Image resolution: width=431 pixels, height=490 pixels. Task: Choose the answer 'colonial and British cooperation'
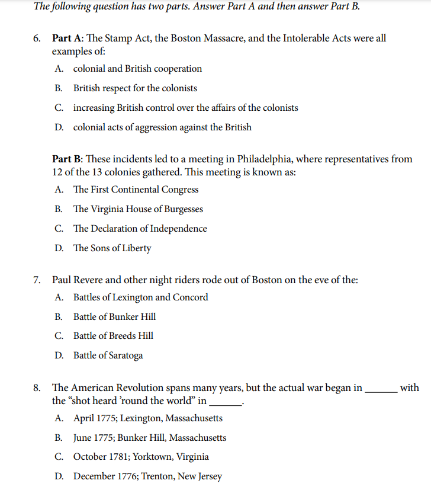(x=137, y=69)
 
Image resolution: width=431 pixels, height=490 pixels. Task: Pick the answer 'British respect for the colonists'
(x=135, y=88)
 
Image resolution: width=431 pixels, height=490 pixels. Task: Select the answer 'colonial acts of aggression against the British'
(x=162, y=127)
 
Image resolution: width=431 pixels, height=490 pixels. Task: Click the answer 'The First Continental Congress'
(x=136, y=190)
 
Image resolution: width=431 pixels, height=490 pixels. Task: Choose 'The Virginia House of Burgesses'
(x=138, y=209)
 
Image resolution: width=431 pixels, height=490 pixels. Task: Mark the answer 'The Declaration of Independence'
(x=140, y=229)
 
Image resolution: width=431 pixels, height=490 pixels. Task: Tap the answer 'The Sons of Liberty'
(x=112, y=248)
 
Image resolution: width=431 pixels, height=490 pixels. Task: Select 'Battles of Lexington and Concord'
(x=140, y=297)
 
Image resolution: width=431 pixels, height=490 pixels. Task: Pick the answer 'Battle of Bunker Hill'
(x=114, y=317)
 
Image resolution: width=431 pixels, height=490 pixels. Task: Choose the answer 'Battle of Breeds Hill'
(x=113, y=336)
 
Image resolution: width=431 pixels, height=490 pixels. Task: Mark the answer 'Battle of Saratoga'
(x=108, y=356)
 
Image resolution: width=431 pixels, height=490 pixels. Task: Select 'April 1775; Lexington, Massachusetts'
(x=147, y=418)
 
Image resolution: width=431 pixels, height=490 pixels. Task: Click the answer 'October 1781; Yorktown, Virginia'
(x=141, y=457)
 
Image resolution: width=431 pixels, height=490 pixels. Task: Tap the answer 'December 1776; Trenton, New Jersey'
(x=147, y=476)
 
